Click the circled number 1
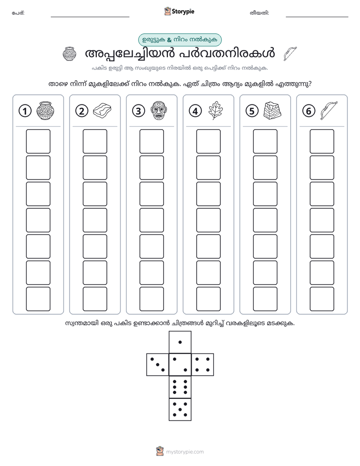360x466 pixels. click(x=25, y=111)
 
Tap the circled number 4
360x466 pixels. click(x=195, y=111)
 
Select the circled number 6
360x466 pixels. click(x=309, y=111)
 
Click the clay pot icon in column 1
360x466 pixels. click(x=45, y=110)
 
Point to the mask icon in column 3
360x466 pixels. click(x=159, y=110)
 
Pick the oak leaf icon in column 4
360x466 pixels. click(x=215, y=110)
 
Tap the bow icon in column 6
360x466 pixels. click(x=329, y=110)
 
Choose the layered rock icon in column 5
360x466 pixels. click(x=272, y=110)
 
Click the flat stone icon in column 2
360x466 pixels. click(x=102, y=110)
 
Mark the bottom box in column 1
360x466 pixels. click(x=38, y=299)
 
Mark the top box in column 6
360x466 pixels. click(x=322, y=141)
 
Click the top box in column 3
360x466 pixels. click(x=151, y=141)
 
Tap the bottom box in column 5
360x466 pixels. click(x=265, y=299)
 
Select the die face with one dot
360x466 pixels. click(x=180, y=342)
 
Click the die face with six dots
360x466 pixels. click(x=180, y=387)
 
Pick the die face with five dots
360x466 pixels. click(x=180, y=409)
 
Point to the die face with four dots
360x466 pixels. click(x=203, y=365)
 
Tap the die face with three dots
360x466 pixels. click(x=157, y=365)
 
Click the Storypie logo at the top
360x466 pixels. click(x=179, y=11)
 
